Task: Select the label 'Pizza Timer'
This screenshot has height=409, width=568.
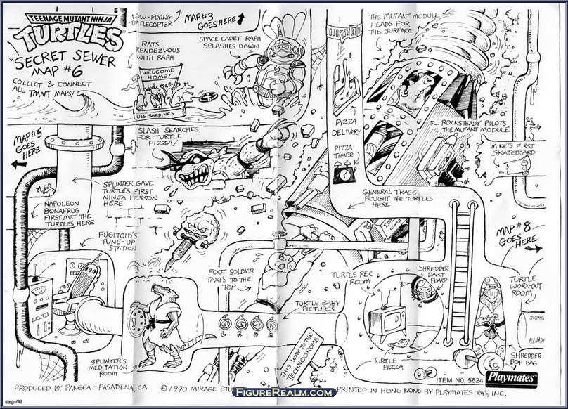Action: tap(343, 152)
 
